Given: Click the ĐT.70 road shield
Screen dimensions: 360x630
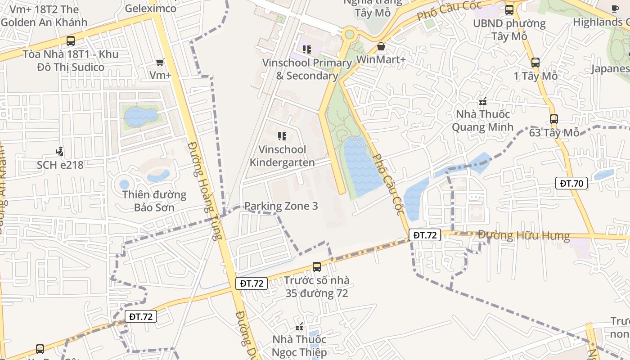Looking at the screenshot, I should [571, 183].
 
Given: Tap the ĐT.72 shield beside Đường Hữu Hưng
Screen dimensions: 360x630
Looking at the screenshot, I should [425, 235].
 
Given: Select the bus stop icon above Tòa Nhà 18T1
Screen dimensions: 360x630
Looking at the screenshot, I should [71, 41].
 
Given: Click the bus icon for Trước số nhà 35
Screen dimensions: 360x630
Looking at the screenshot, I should [317, 267].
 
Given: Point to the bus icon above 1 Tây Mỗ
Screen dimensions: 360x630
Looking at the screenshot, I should [535, 63].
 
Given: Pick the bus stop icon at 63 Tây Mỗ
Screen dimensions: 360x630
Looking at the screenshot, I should [553, 119].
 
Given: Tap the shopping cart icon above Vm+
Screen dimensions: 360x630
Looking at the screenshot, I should [160, 62].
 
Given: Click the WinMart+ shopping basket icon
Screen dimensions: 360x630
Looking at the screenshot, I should [381, 46].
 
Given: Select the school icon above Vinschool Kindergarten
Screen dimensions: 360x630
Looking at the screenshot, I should [282, 136].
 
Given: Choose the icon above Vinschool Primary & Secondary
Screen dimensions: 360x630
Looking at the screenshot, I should [307, 49].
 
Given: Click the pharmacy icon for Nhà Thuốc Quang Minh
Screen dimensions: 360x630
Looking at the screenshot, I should [483, 102].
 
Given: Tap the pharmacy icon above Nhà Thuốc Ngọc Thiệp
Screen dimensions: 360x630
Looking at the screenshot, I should [299, 327].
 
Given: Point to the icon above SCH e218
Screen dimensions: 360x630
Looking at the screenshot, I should [59, 152].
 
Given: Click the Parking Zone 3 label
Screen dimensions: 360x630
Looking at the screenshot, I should [281, 206].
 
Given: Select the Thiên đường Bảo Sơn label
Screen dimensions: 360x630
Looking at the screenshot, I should [154, 201].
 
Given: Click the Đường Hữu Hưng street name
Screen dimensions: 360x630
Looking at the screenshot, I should [523, 235].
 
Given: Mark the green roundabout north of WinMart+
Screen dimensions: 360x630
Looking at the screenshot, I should [349, 34].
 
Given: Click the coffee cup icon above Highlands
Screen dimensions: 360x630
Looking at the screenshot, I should [615, 9].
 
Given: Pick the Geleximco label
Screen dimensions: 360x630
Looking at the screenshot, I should [151, 8].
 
